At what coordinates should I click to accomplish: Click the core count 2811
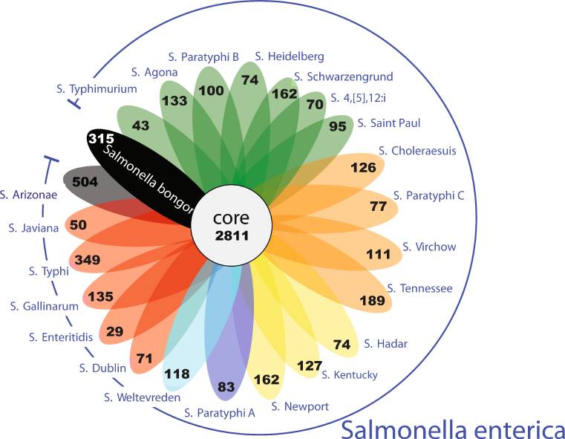click(x=232, y=235)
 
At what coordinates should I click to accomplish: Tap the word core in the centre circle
click(x=231, y=218)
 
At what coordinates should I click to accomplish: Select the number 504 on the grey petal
click(x=85, y=182)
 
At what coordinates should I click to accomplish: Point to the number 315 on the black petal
click(x=101, y=138)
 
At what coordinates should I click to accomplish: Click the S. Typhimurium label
click(x=97, y=89)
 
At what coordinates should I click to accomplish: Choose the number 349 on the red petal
click(x=88, y=259)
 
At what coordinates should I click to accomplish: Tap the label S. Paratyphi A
click(x=220, y=413)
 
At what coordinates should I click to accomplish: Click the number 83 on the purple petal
click(x=226, y=387)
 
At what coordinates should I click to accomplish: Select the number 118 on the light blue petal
click(x=177, y=374)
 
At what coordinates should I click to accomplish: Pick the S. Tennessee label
click(x=419, y=288)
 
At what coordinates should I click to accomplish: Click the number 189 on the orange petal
click(x=373, y=300)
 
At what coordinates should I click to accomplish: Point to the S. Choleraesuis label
click(x=417, y=151)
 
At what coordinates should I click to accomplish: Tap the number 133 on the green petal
click(x=174, y=100)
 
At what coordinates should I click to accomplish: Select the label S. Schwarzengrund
click(x=344, y=77)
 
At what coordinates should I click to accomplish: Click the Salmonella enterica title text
click(x=453, y=429)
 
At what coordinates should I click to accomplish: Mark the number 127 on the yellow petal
click(x=310, y=365)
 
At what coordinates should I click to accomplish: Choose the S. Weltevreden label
click(x=143, y=397)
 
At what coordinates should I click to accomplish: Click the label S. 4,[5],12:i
click(x=358, y=97)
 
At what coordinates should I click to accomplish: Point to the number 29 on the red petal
click(x=114, y=331)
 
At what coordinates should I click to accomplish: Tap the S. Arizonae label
click(x=28, y=195)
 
